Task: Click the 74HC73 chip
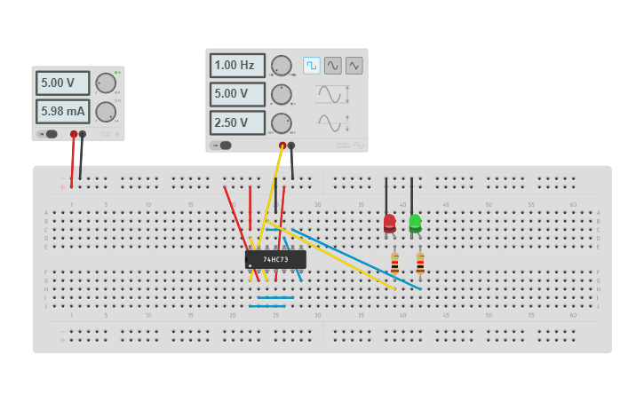[275, 259]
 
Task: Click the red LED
[389, 223]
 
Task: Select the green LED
[415, 223]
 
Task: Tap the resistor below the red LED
[394, 264]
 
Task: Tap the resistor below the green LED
[420, 264]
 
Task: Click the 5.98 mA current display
[62, 112]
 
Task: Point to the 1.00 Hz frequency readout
[237, 66]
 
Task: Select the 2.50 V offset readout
[237, 122]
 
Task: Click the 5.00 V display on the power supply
[62, 83]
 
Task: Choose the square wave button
[312, 66]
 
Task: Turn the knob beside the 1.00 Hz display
[282, 66]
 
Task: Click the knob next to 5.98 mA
[106, 112]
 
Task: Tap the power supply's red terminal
[74, 135]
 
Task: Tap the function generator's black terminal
[290, 146]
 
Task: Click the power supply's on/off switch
[49, 134]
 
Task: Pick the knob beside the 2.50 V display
[282, 122]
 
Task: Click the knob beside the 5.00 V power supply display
[106, 83]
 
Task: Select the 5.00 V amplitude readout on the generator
[237, 94]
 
